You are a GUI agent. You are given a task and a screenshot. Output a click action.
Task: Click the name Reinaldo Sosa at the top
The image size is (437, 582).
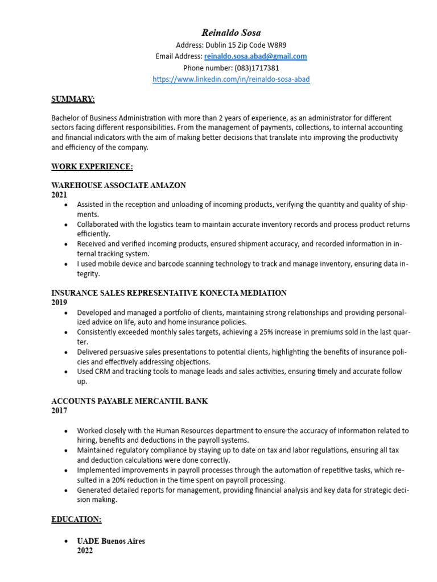[x=231, y=33]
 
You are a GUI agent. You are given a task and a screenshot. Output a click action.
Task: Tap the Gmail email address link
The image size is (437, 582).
[x=255, y=56]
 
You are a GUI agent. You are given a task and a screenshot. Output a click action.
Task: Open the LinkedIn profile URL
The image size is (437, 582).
[x=231, y=80]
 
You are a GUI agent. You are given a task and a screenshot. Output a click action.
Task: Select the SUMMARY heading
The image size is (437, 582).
[x=73, y=99]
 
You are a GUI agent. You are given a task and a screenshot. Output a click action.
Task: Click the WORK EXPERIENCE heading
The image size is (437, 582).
[x=92, y=167]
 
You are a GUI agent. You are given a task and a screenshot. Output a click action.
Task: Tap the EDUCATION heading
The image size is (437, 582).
[x=76, y=519]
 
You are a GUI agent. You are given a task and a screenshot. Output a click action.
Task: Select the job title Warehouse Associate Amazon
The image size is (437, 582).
[x=118, y=186]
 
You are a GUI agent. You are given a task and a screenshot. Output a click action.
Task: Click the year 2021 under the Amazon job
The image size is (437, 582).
[x=59, y=195]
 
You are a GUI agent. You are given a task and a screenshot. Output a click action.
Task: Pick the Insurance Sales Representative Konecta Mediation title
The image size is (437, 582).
[x=169, y=293]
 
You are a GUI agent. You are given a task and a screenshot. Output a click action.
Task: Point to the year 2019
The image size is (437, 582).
[x=59, y=303]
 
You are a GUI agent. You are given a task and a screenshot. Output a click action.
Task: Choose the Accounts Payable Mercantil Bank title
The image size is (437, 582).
[x=129, y=401]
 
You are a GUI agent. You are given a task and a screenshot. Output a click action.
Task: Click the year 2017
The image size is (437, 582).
[x=59, y=411]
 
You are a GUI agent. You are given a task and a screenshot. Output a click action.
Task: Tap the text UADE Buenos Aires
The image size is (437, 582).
[x=111, y=542]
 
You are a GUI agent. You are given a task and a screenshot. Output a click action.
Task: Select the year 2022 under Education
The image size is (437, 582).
[x=85, y=551]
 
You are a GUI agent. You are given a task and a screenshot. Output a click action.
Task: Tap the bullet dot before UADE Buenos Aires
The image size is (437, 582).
[x=67, y=542]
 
